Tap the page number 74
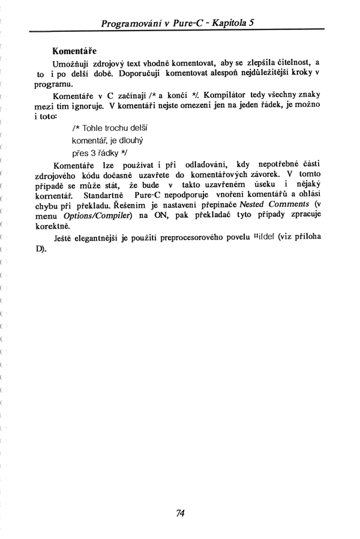pos(180,513)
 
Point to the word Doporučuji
pos(143,73)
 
